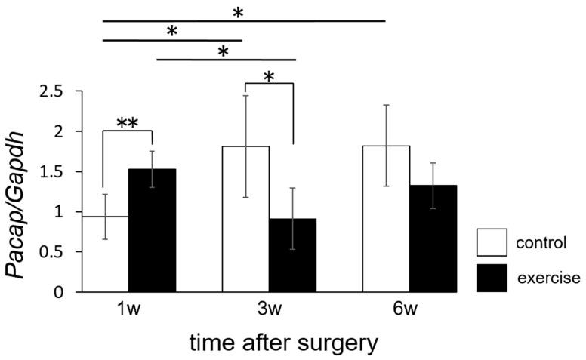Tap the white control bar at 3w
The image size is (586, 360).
(245, 219)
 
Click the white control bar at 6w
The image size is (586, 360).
(386, 219)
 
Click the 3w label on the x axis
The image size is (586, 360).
(269, 310)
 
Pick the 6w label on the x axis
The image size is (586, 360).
(410, 310)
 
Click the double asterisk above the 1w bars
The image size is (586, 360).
(128, 123)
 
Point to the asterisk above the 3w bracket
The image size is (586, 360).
(270, 77)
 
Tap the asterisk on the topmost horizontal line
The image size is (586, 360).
(238, 13)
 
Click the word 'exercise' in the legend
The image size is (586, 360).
(549, 278)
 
